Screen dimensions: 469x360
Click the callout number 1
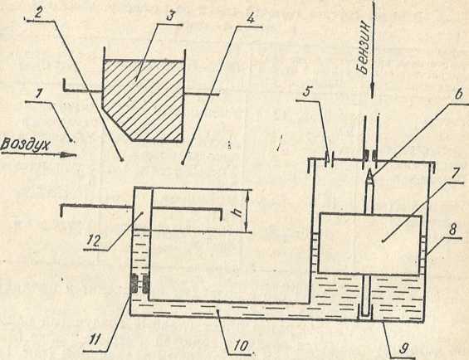[37, 95]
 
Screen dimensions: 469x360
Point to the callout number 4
[250, 19]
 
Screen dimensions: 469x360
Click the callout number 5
[306, 92]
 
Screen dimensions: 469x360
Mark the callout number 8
[452, 230]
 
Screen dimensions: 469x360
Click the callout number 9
[403, 348]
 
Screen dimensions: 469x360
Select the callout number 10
[241, 347]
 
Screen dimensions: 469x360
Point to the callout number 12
[93, 241]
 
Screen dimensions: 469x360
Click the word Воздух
[25, 145]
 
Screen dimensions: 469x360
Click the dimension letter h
[238, 212]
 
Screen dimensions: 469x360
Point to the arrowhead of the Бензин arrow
[373, 90]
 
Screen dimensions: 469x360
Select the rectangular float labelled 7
[370, 244]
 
